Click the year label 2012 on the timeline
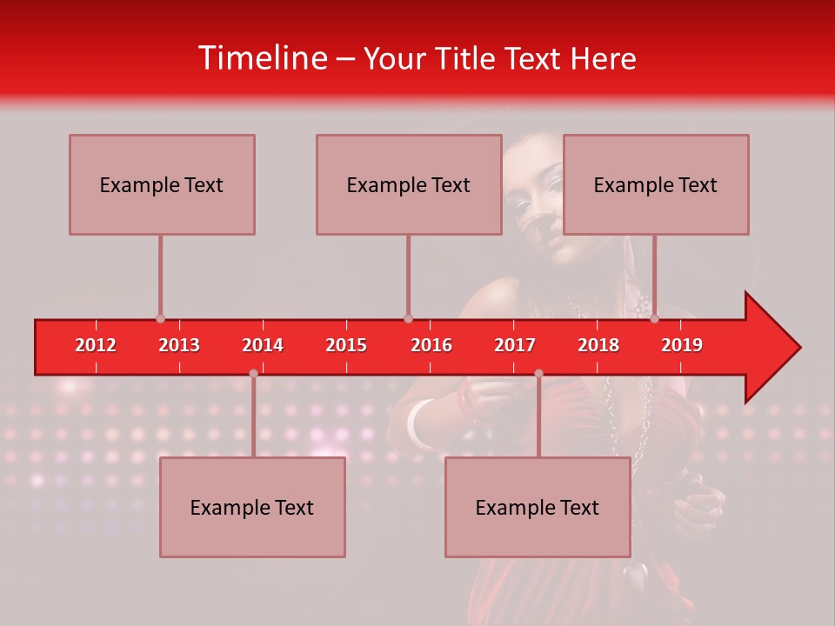96,345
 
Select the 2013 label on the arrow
179,345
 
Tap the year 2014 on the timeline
263,345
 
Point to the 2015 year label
346,345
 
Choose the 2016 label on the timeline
431,345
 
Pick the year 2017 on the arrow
515,345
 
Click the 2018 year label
598,345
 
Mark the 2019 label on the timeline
682,345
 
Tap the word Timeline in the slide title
261,58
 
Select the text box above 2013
162,184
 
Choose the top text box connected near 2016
409,184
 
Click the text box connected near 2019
656,184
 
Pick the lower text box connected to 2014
252,507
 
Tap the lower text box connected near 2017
538,507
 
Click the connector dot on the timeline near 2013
160,319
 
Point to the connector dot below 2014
253,374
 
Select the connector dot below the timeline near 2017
538,374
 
